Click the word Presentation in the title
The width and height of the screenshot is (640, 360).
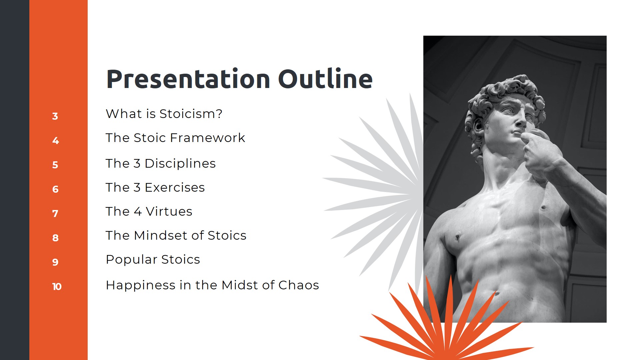pos(188,79)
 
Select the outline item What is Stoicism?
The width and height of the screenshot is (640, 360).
pos(164,114)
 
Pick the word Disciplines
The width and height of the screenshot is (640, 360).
pos(180,164)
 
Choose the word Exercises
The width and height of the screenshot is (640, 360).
pos(175,188)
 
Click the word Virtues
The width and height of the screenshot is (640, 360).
pos(169,212)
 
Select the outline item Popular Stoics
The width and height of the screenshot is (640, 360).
pos(153,260)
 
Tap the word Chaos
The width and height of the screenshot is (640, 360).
pos(298,285)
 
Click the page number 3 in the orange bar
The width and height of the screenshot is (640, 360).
pos(55,116)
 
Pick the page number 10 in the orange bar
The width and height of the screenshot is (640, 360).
pos(57,287)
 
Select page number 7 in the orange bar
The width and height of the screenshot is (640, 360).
pos(55,214)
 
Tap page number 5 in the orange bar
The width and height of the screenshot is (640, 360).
pos(55,165)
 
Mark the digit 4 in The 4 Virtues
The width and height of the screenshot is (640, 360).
pos(138,212)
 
